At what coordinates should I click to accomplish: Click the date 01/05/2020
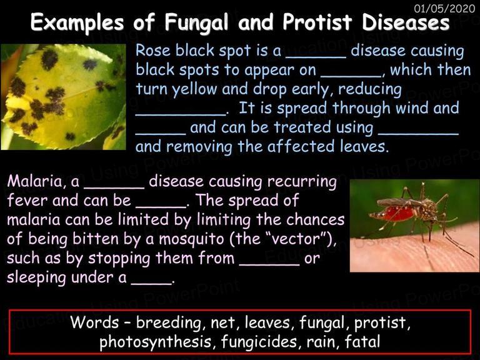[x=444, y=9]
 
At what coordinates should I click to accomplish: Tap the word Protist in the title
[x=317, y=22]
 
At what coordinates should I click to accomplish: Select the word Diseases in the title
[x=406, y=22]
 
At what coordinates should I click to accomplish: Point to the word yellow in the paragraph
[x=194, y=89]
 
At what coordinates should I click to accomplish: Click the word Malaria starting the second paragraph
[x=35, y=181]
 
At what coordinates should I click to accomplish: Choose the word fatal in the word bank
[x=362, y=342]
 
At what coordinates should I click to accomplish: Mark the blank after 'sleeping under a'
[x=151, y=284]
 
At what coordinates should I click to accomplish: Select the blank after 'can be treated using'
[x=419, y=134]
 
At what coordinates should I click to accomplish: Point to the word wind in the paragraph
[x=412, y=108]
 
